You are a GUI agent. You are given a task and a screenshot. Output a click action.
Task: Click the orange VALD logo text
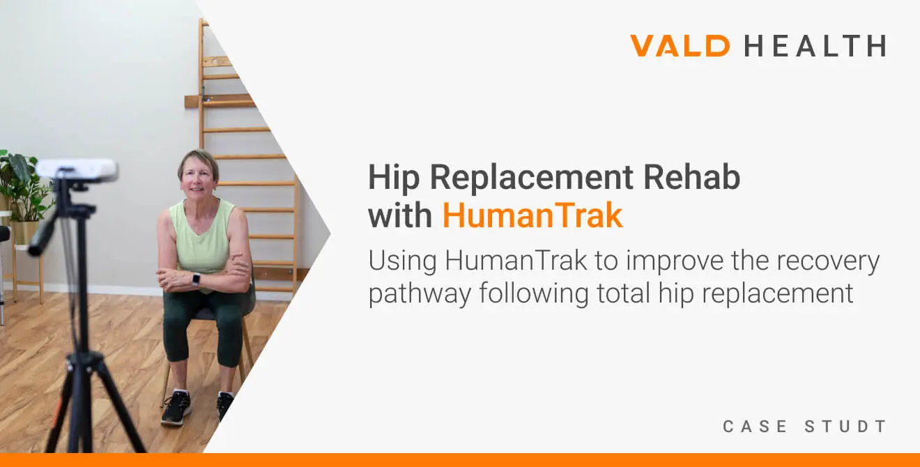[680, 45]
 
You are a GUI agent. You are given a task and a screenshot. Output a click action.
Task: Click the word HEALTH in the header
[815, 45]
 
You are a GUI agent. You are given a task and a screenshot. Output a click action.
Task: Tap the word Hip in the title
[394, 178]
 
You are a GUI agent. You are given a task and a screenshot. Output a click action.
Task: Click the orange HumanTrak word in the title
[532, 215]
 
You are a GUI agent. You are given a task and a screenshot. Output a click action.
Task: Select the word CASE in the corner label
[755, 427]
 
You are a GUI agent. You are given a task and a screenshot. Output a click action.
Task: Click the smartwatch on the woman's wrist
[196, 280]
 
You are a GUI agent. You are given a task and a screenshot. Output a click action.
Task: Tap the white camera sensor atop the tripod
[77, 170]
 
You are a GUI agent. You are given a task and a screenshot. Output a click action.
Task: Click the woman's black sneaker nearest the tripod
[176, 408]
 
